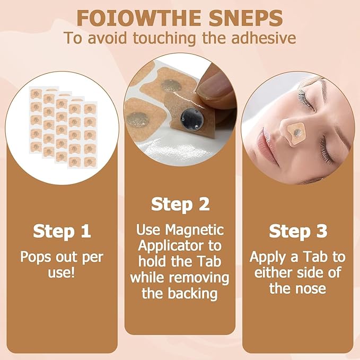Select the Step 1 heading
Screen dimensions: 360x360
click(62, 231)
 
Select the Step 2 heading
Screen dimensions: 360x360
click(180, 204)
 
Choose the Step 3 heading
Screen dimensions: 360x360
click(297, 231)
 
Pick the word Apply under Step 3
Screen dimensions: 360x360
click(268, 257)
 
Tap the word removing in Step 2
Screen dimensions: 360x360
click(204, 277)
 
